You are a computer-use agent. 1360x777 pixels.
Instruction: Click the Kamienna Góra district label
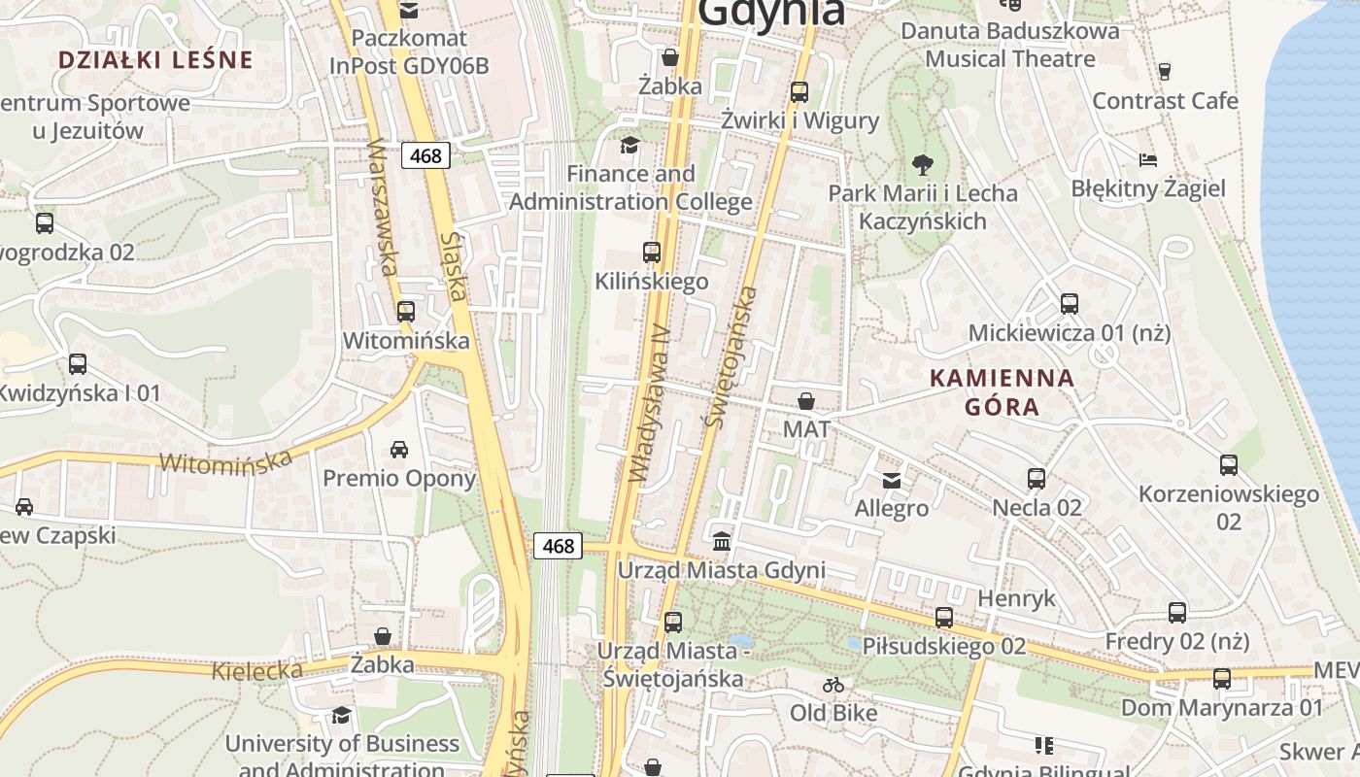(1003, 391)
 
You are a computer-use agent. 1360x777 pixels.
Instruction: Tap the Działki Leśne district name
(155, 59)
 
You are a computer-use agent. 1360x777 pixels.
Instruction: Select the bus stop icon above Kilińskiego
(652, 253)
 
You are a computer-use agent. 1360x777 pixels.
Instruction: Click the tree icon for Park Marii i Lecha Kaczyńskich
(923, 164)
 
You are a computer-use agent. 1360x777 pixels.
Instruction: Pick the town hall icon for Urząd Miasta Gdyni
(722, 541)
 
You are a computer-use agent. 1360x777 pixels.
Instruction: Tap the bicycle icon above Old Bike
(833, 684)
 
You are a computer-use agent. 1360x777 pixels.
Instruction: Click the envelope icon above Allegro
(891, 480)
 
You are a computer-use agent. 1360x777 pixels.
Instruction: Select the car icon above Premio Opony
(398, 449)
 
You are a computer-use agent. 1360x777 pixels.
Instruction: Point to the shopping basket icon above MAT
(806, 400)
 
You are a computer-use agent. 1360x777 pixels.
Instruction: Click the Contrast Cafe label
(1165, 101)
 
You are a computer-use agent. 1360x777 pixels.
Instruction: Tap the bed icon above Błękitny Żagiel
(1148, 159)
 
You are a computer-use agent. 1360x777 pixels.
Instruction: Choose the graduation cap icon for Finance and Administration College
(630, 146)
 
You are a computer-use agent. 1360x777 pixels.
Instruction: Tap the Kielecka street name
(257, 670)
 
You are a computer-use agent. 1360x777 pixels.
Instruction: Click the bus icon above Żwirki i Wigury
(799, 92)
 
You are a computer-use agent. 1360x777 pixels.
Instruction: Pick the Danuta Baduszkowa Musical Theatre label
(1010, 45)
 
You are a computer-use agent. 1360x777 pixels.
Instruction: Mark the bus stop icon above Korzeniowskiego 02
(1229, 465)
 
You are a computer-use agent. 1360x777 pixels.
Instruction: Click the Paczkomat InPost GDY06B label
(409, 52)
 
